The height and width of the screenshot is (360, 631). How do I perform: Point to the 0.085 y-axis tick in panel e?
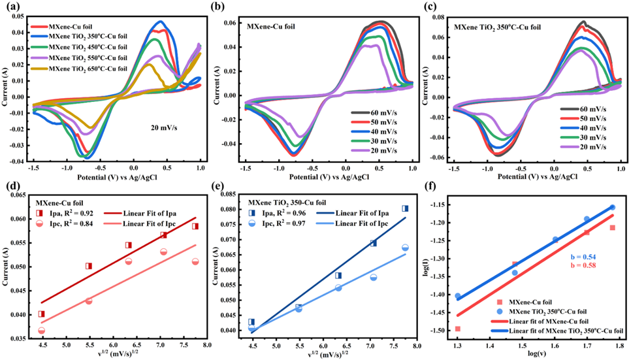(228, 195)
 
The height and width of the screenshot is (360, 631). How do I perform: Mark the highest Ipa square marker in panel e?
(405, 208)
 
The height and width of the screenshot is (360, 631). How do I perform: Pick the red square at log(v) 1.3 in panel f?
(457, 329)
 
